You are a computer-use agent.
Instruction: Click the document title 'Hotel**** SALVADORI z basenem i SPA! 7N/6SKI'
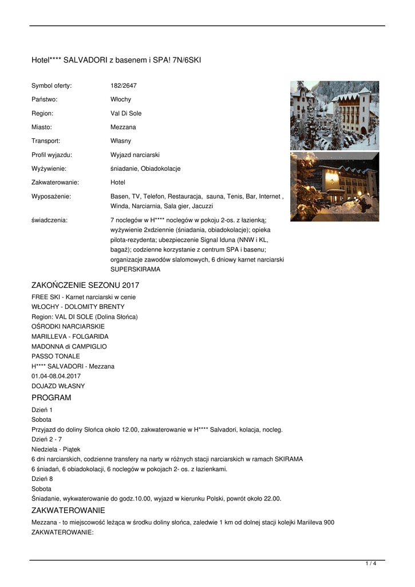click(x=116, y=60)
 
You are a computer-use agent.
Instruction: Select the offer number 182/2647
click(x=124, y=86)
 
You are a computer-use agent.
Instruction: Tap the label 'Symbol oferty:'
click(x=52, y=86)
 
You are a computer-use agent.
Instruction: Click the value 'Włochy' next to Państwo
click(x=121, y=100)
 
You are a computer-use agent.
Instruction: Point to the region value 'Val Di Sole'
click(x=126, y=114)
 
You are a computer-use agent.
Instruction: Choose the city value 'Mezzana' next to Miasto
click(x=123, y=127)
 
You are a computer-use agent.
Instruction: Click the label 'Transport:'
click(x=46, y=141)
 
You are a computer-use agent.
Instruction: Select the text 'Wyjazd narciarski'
click(x=135, y=155)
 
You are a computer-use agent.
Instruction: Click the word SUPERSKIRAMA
click(x=136, y=269)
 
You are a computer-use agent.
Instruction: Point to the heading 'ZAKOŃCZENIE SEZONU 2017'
click(x=85, y=285)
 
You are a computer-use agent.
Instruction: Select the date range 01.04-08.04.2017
click(x=56, y=376)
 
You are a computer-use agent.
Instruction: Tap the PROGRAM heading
click(x=52, y=398)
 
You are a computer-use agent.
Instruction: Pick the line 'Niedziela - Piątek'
click(x=56, y=449)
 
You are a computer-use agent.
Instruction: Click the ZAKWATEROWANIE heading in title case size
click(x=68, y=510)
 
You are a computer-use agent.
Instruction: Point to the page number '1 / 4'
click(x=371, y=564)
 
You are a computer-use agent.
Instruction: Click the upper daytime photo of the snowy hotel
click(x=334, y=115)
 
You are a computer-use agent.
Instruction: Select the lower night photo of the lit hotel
click(x=334, y=186)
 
